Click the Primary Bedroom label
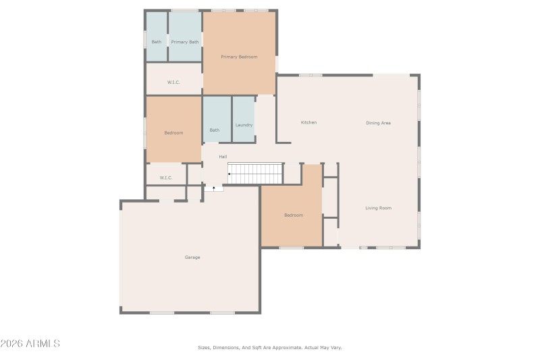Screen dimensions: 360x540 tap(240, 57)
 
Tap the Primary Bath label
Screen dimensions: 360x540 tap(185, 42)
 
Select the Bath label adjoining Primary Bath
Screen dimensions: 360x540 tap(157, 42)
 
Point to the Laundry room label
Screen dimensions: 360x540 tap(244, 125)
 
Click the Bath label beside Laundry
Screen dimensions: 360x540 tap(215, 130)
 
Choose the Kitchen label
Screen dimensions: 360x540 tap(308, 122)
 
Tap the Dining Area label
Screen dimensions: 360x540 tap(378, 123)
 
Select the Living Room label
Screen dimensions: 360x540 tap(378, 208)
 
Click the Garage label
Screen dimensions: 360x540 tap(192, 257)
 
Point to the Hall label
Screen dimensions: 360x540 tap(223, 157)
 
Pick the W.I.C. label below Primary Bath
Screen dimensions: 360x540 tap(173, 82)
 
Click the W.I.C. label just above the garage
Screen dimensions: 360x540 tap(166, 178)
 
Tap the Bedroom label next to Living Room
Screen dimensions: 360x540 tap(294, 215)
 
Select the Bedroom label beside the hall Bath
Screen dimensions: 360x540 tap(173, 133)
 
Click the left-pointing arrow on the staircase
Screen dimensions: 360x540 tap(231, 174)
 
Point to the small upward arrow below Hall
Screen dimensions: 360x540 tap(214, 188)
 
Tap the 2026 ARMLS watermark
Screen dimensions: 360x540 tap(30, 344)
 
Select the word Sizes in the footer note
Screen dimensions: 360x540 tap(204, 348)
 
